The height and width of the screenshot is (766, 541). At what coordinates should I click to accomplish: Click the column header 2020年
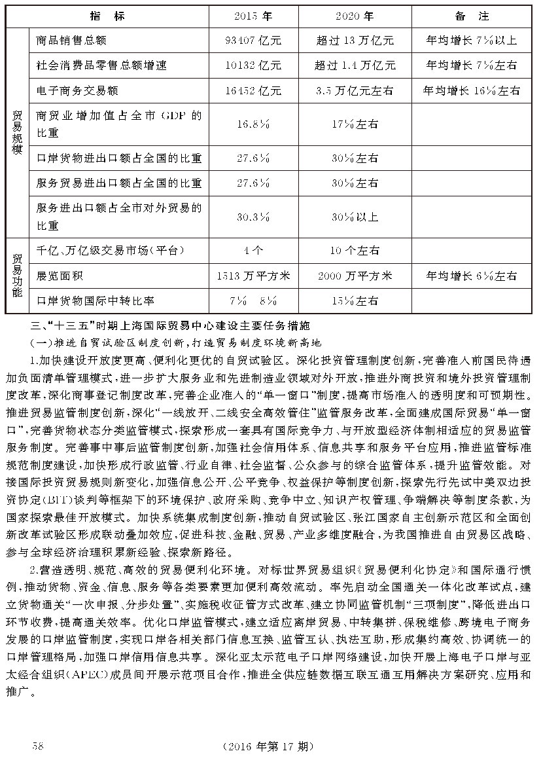355,15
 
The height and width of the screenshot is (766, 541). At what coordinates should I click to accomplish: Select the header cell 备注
470,15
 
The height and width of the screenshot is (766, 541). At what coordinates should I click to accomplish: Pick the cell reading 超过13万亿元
355,41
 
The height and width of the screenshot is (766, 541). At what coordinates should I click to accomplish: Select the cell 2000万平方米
355,276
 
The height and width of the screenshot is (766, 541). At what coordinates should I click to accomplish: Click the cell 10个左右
355,250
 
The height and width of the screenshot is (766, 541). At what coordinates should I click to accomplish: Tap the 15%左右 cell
355,301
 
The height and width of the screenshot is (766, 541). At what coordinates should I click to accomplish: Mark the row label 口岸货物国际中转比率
96,301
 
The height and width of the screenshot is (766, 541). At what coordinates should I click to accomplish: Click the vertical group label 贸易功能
18,276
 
